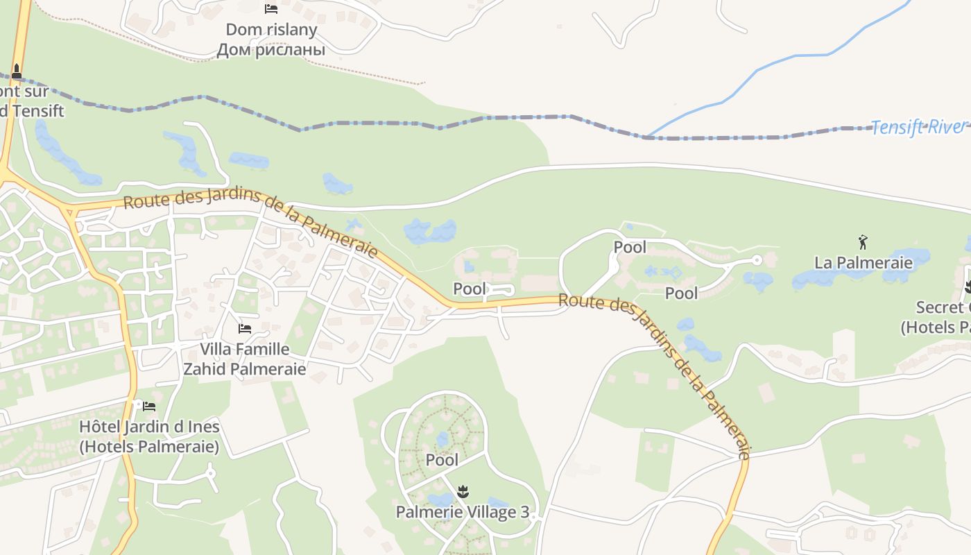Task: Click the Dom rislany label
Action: point(271,30)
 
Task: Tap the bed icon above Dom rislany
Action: point(271,9)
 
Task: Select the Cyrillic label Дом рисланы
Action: point(271,50)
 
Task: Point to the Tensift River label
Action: point(917,127)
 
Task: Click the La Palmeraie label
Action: point(863,262)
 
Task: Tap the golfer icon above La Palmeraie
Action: point(863,242)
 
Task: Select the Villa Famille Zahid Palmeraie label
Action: point(244,359)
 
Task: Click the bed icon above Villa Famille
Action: point(244,328)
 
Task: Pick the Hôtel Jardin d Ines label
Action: point(149,436)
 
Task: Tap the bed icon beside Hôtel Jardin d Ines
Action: point(149,406)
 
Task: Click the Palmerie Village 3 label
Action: point(462,512)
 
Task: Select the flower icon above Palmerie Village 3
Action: point(462,493)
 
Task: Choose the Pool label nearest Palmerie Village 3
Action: point(442,459)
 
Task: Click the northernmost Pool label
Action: point(630,247)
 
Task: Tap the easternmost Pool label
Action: point(681,293)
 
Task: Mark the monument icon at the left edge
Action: point(17,71)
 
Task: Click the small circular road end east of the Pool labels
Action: point(757,260)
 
